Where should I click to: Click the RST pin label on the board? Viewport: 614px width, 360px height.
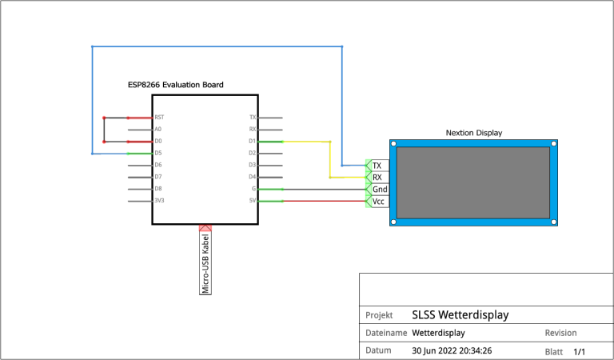pos(159,117)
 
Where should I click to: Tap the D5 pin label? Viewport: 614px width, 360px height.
pos(158,153)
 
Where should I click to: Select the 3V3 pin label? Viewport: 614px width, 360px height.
pos(159,200)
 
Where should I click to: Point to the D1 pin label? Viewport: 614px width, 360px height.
pos(252,141)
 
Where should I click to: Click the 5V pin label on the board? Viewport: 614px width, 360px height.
pos(253,200)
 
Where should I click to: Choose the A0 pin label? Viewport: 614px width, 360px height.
pos(158,129)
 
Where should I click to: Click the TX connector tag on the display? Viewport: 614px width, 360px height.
pos(377,165)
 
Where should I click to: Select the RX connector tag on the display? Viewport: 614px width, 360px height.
pos(377,177)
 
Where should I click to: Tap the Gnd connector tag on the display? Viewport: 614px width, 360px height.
pos(380,190)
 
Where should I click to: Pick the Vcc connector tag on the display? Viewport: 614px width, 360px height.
pos(379,202)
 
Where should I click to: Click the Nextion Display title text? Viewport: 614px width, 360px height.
pos(474,133)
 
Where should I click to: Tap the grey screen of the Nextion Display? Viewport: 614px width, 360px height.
pos(474,182)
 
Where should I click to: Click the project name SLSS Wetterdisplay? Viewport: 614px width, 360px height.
pos(460,314)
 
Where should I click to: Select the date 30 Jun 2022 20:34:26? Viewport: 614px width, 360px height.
pos(451,350)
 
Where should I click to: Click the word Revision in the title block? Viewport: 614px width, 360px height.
pos(560,333)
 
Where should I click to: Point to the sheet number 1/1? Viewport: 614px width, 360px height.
pos(580,351)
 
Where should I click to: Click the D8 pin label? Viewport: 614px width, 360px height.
pos(158,188)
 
